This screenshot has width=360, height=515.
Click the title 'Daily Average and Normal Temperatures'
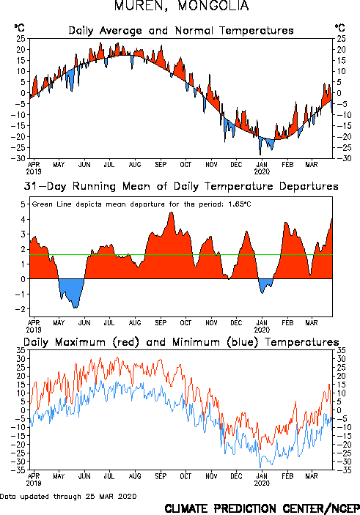(x=181, y=31)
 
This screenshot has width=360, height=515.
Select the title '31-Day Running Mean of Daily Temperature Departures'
(x=181, y=186)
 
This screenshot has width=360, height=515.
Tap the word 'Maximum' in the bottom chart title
(x=80, y=342)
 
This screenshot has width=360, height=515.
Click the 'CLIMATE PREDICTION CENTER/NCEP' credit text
(x=262, y=508)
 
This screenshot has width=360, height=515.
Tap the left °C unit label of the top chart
(x=19, y=28)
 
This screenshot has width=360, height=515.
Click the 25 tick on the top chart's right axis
(x=341, y=39)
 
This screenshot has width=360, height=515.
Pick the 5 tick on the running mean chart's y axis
(x=23, y=204)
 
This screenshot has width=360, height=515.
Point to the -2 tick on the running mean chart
(x=21, y=309)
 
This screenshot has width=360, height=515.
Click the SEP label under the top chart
(x=161, y=165)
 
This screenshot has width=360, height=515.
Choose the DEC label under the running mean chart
(x=236, y=323)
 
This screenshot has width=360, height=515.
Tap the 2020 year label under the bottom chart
(x=262, y=483)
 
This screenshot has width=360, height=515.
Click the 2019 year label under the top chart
(x=34, y=171)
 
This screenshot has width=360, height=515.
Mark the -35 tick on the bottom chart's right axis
(x=341, y=470)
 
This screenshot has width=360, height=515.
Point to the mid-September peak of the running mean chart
(x=172, y=213)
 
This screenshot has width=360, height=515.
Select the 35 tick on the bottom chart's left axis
(x=21, y=350)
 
